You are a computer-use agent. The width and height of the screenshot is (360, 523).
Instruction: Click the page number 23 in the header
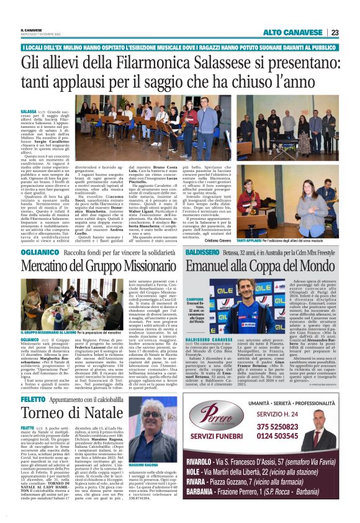point(335,32)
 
